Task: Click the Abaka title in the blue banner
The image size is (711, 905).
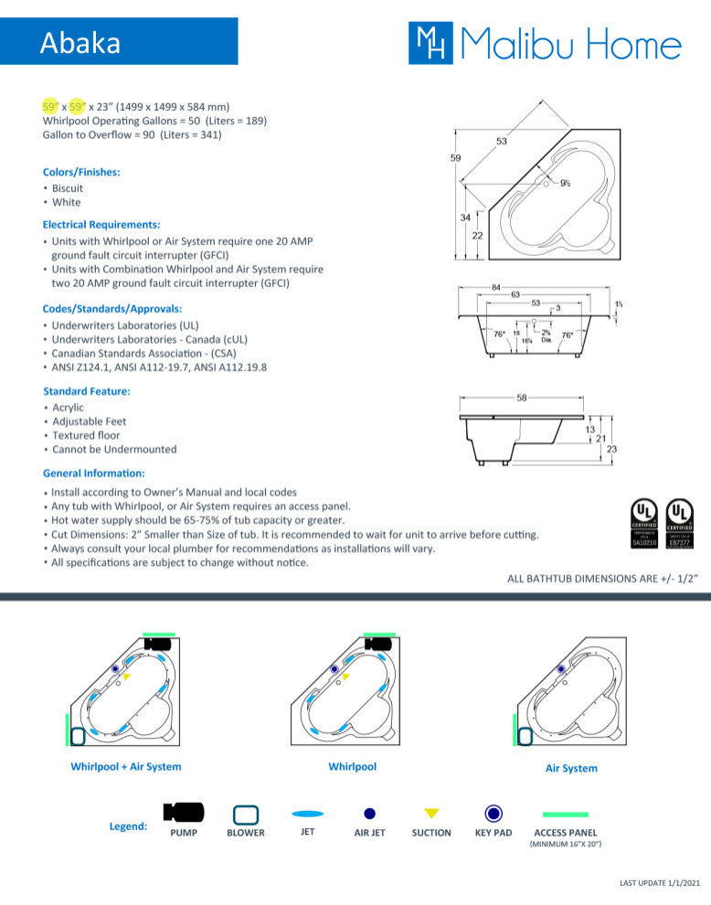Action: pyautogui.click(x=80, y=43)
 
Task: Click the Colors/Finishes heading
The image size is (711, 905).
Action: pyautogui.click(x=81, y=172)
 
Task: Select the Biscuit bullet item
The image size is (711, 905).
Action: pyautogui.click(x=68, y=188)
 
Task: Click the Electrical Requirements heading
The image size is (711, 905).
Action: pyautogui.click(x=101, y=224)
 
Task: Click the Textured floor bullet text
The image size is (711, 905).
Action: pyautogui.click(x=86, y=435)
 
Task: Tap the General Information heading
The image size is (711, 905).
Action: pyautogui.click(x=94, y=474)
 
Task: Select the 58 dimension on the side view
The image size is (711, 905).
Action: pyautogui.click(x=521, y=398)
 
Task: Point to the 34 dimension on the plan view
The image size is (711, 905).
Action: pyautogui.click(x=464, y=218)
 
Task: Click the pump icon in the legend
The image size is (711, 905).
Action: pyautogui.click(x=183, y=812)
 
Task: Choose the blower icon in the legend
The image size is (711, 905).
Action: pyautogui.click(x=246, y=814)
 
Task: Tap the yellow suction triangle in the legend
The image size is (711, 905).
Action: pyautogui.click(x=431, y=813)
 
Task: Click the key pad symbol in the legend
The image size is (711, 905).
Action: pyautogui.click(x=493, y=813)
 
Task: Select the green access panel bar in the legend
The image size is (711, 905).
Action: pyautogui.click(x=565, y=814)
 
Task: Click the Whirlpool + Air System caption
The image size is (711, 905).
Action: pyautogui.click(x=126, y=767)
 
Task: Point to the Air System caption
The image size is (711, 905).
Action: pyautogui.click(x=571, y=769)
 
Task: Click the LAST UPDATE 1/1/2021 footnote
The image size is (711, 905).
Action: pyautogui.click(x=660, y=882)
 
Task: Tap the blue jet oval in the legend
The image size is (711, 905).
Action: pyautogui.click(x=307, y=813)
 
